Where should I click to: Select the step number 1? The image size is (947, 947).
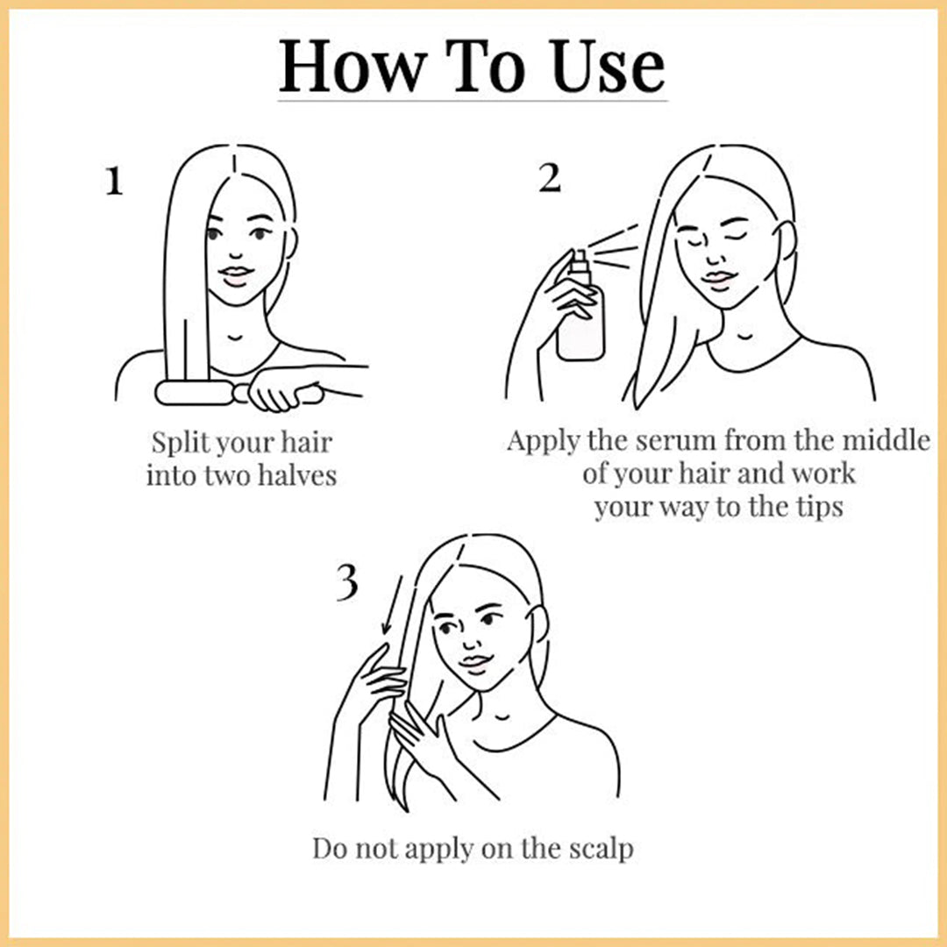click(x=114, y=181)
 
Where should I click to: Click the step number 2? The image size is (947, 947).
click(x=550, y=177)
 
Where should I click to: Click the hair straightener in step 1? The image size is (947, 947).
click(x=239, y=393)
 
